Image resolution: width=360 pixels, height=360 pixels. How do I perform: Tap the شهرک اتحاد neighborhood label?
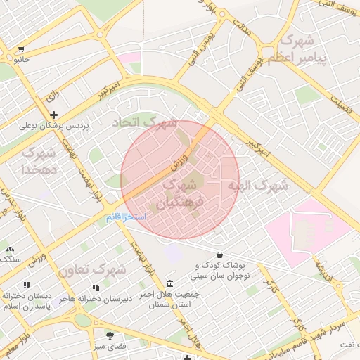click(x=146, y=122)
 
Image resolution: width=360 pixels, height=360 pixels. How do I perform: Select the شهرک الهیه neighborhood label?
click(x=257, y=186)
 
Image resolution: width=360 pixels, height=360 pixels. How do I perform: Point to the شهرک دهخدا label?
click(x=38, y=161)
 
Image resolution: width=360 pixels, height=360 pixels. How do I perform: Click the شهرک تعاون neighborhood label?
click(x=92, y=270)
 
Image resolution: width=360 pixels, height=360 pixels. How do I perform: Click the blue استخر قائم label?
click(x=127, y=218)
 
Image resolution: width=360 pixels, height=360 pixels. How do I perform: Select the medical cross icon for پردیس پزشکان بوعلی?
click(x=53, y=115)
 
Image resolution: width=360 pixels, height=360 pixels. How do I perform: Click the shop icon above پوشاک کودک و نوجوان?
click(x=219, y=255)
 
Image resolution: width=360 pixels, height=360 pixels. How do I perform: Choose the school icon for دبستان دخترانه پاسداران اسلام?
click(x=27, y=285)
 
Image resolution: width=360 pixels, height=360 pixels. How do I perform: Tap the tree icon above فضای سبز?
click(x=109, y=335)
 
